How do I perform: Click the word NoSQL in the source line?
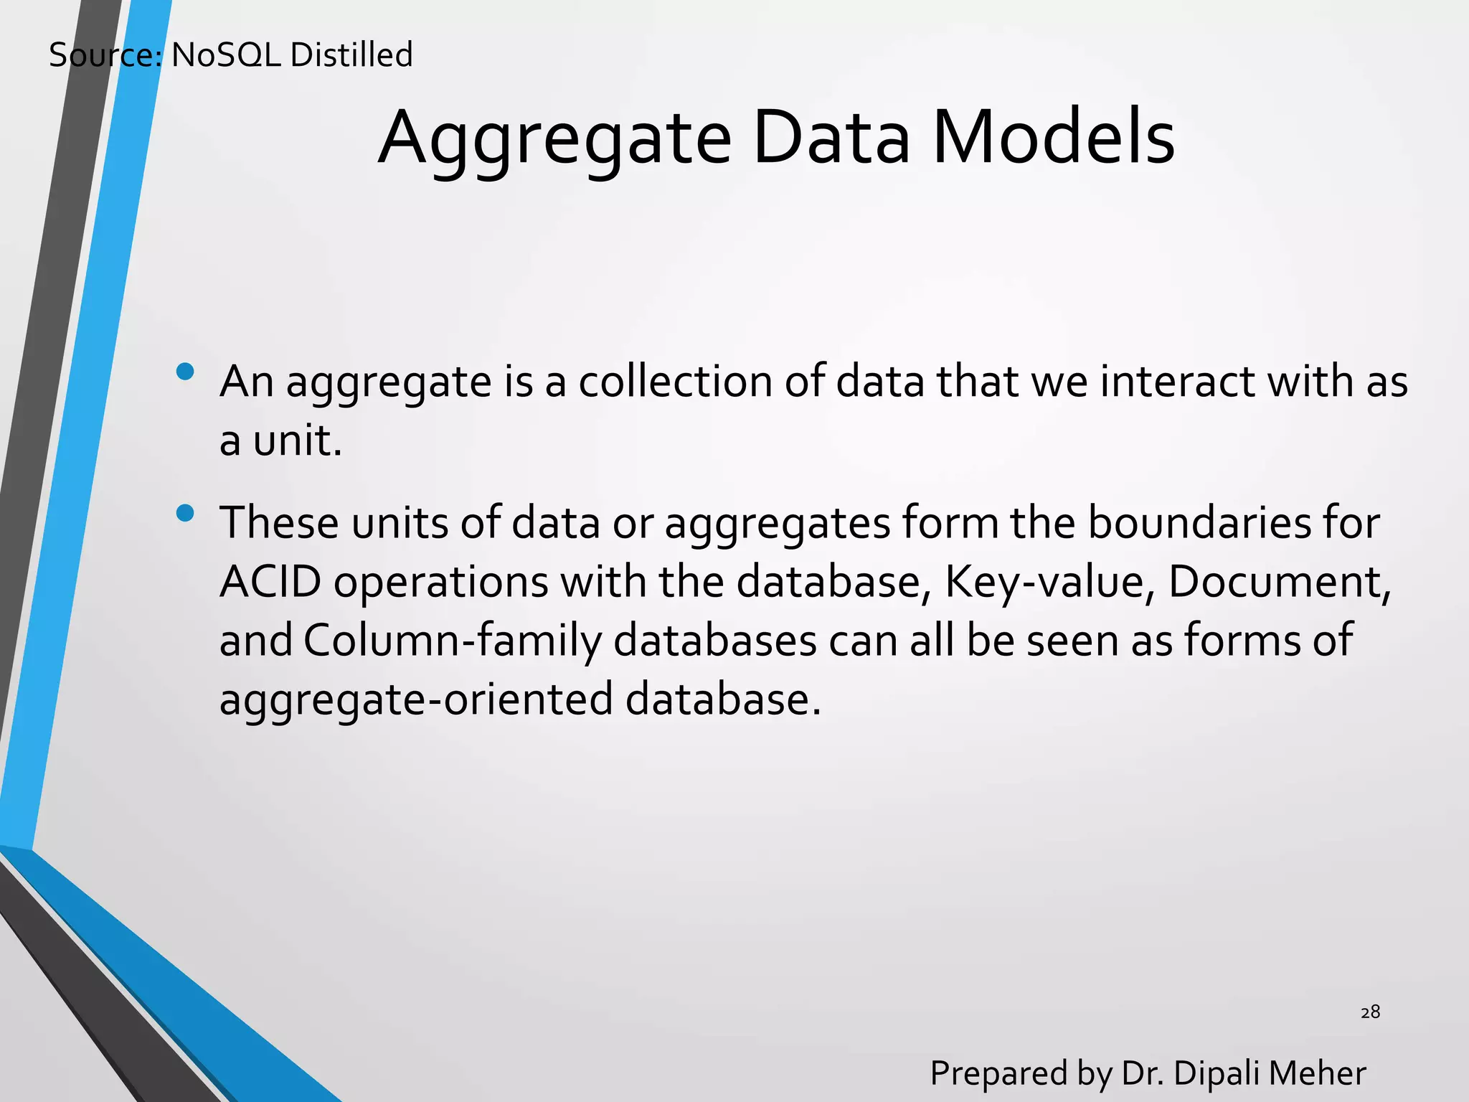click(226, 55)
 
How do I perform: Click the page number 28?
click(1370, 1012)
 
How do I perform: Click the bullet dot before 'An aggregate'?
click(185, 372)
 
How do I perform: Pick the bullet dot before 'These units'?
click(185, 513)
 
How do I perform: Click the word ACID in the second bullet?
click(270, 581)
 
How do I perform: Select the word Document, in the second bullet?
click(1280, 581)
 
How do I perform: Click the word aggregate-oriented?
click(415, 700)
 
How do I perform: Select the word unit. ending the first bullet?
click(297, 440)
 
